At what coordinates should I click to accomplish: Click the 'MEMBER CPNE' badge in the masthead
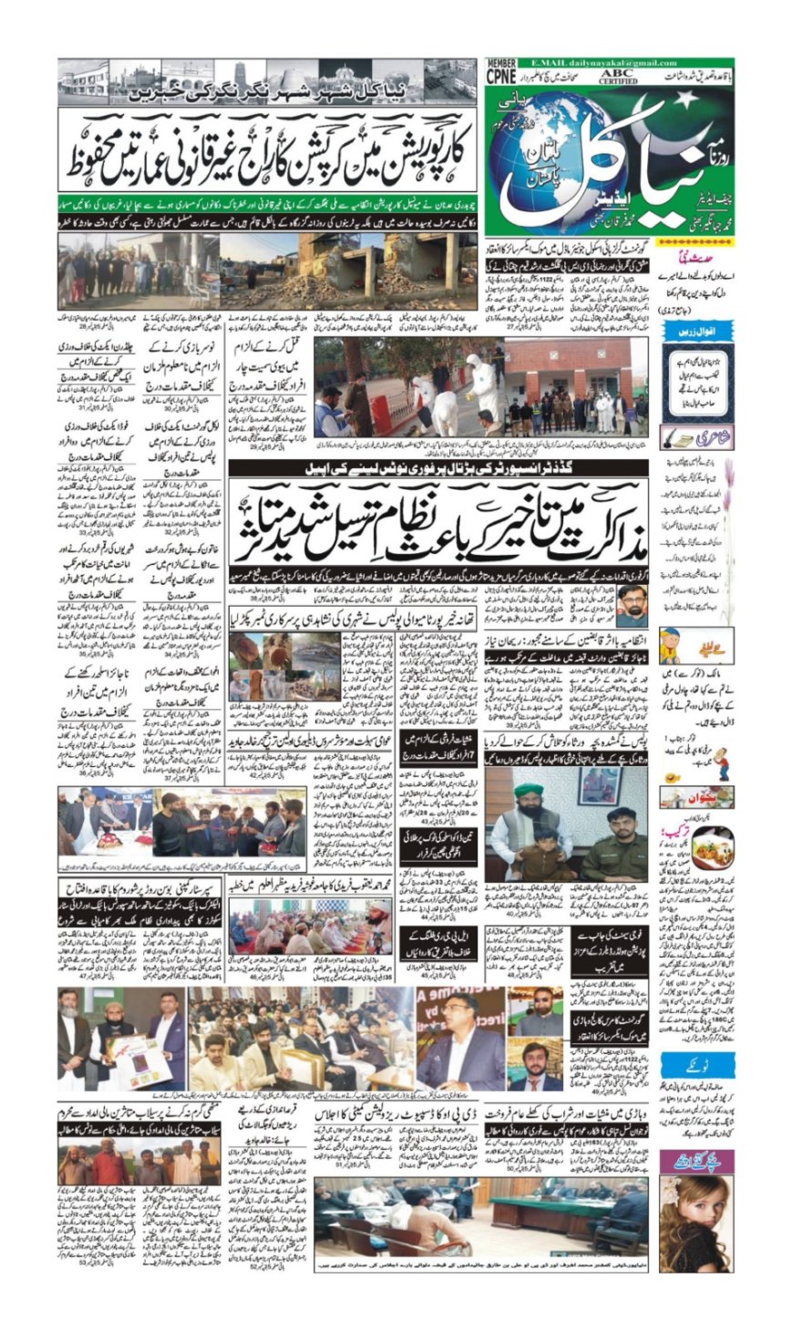(x=501, y=74)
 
